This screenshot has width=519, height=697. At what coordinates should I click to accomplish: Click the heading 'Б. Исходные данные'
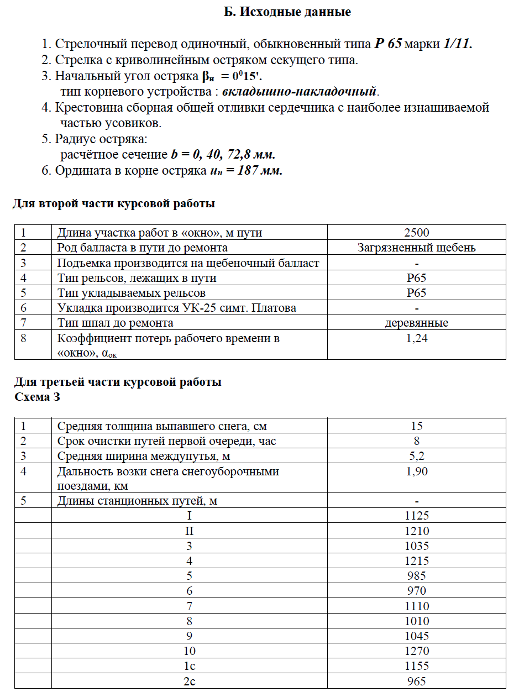(287, 12)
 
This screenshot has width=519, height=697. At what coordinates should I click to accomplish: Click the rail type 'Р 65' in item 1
(387, 45)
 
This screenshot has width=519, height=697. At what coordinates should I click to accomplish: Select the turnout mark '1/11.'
(458, 45)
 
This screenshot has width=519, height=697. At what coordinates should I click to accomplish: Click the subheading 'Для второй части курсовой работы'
(113, 204)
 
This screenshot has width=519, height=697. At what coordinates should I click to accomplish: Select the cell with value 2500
(416, 233)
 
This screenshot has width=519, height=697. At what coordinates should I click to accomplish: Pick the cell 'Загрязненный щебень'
(416, 248)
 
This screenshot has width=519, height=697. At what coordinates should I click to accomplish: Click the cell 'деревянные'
(416, 323)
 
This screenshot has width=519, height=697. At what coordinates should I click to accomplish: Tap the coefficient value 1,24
(416, 338)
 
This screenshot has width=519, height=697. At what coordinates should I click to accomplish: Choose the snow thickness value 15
(416, 426)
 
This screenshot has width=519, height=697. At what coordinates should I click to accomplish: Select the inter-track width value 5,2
(416, 456)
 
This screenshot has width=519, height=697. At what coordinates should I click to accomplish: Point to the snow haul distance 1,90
(416, 471)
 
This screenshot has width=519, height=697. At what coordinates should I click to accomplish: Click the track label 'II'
(189, 531)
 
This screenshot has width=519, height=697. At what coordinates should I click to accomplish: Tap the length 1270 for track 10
(416, 651)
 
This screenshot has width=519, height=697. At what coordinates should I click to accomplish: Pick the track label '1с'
(189, 666)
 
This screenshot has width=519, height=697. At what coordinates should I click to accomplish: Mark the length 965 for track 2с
(416, 681)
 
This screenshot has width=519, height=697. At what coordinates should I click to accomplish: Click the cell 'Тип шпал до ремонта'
(116, 323)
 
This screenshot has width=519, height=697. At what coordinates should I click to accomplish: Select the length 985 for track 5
(416, 576)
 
